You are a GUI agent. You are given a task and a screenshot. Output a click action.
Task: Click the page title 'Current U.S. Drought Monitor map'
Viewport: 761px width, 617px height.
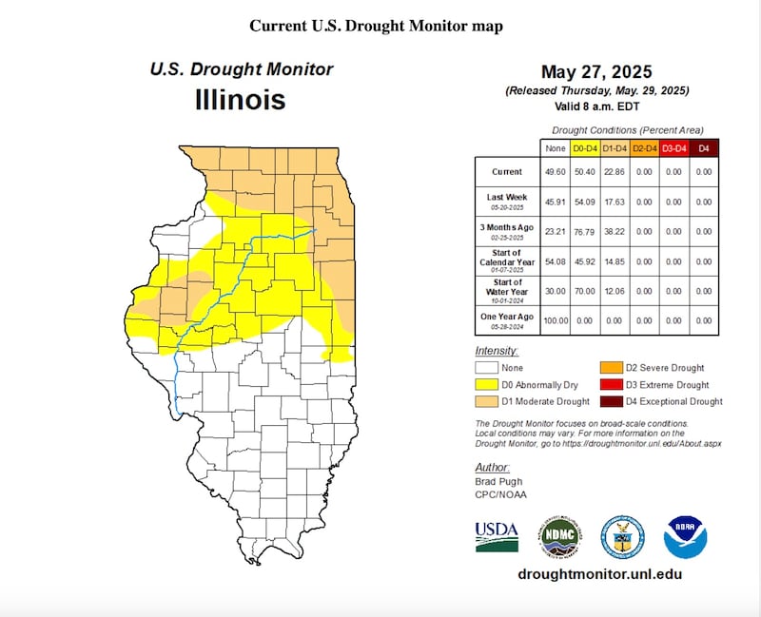376,26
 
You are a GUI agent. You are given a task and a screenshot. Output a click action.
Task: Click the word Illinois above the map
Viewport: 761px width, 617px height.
240,99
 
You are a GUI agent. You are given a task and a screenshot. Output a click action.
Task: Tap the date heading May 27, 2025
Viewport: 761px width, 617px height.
596,73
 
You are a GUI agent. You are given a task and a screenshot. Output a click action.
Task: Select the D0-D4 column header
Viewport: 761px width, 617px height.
585,148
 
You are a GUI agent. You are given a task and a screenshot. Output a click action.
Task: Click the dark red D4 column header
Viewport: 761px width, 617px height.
703,148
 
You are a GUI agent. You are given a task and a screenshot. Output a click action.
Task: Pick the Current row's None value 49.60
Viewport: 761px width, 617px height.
554,172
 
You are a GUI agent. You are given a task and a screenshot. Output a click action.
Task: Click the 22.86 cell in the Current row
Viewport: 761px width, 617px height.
615,172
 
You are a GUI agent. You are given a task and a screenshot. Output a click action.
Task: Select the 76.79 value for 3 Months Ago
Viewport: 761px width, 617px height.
585,231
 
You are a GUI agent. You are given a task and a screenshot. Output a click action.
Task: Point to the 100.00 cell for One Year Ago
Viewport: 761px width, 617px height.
554,320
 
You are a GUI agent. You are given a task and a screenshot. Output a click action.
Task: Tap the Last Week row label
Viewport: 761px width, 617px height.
507,201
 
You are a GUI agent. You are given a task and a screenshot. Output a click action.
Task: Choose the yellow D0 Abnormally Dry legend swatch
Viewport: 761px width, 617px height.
487,385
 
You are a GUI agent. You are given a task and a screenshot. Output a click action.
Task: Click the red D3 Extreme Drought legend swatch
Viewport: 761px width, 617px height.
609,385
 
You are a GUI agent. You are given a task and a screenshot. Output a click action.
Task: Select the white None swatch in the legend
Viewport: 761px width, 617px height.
487,368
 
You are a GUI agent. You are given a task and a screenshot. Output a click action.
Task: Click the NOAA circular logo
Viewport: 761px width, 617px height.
685,537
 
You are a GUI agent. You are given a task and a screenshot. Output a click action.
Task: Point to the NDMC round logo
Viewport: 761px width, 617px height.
561,537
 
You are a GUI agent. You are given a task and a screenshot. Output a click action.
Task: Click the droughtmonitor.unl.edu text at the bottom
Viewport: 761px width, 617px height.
599,574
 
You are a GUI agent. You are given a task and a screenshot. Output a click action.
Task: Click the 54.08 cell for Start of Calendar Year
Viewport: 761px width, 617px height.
554,260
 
